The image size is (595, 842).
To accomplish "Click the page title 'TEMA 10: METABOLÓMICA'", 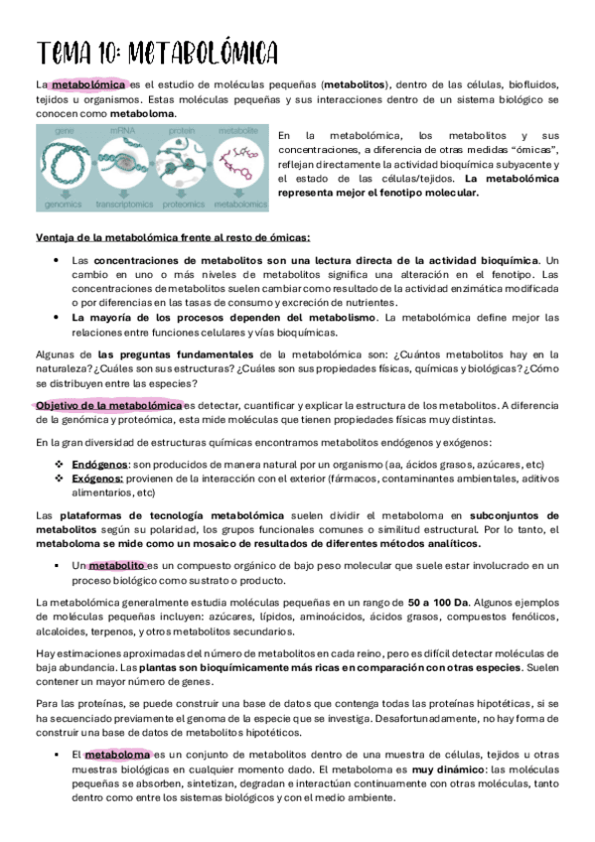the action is tap(157, 52).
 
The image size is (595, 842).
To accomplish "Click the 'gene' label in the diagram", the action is tap(67, 130).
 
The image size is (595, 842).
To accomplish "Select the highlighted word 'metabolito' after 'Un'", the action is tap(117, 566).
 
